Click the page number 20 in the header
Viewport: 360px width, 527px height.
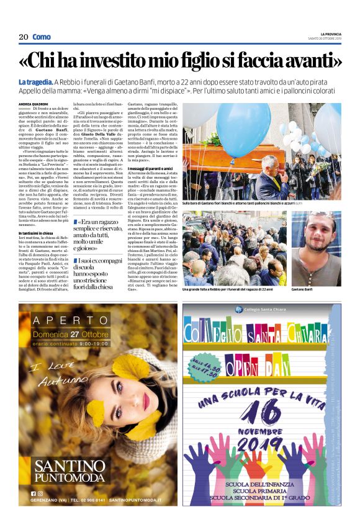[x=24, y=37]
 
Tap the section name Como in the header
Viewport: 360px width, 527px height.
[x=42, y=37]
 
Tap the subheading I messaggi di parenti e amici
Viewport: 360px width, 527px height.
[x=151, y=186]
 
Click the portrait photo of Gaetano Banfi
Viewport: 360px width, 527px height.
[x=316, y=248]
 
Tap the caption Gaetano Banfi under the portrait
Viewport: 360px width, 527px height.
[x=303, y=290]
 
